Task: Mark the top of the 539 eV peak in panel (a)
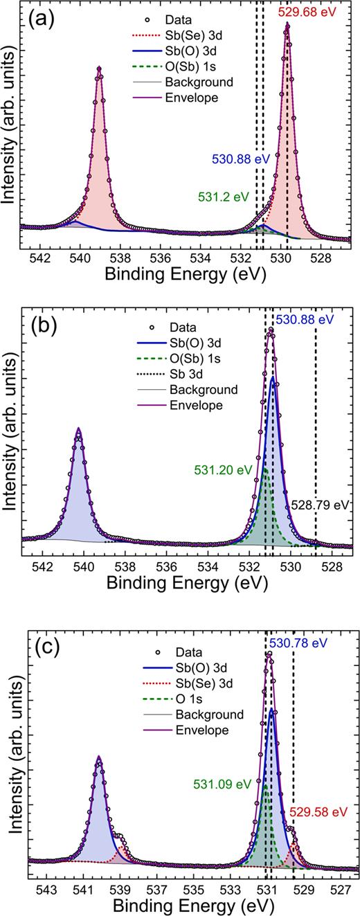point(100,67)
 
